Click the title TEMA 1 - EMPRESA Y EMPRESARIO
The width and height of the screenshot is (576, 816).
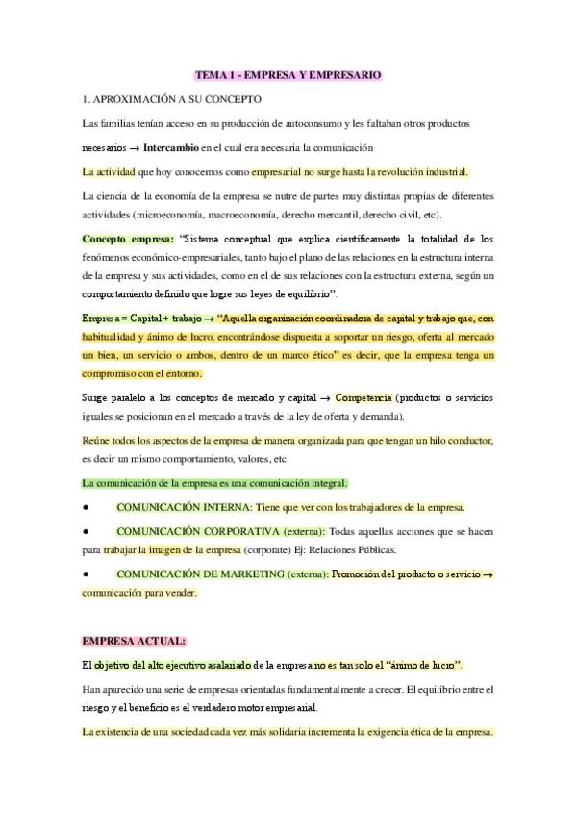(x=288, y=74)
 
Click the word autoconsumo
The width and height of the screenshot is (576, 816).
(x=311, y=123)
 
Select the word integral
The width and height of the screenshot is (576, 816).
(x=324, y=482)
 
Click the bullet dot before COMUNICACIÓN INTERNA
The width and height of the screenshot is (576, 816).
(x=88, y=506)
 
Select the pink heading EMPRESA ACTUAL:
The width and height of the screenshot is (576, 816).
(x=134, y=640)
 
